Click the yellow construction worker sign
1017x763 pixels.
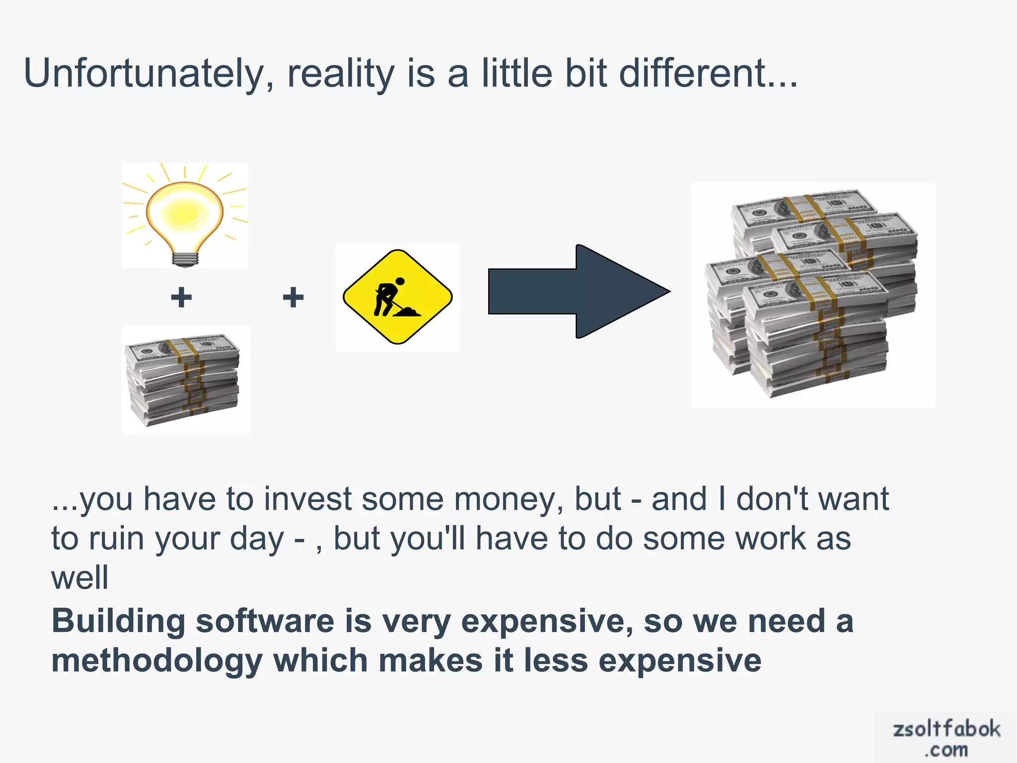coord(397,297)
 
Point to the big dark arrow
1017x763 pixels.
coord(579,292)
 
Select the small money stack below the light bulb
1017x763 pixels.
coord(184,380)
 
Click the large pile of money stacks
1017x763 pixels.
coord(812,295)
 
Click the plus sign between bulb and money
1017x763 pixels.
coord(181,298)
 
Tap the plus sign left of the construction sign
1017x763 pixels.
coord(293,298)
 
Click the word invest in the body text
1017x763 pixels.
coord(307,499)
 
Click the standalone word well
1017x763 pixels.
coord(79,578)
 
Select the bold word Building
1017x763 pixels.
coord(118,622)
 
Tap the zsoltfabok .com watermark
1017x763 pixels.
coord(946,738)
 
